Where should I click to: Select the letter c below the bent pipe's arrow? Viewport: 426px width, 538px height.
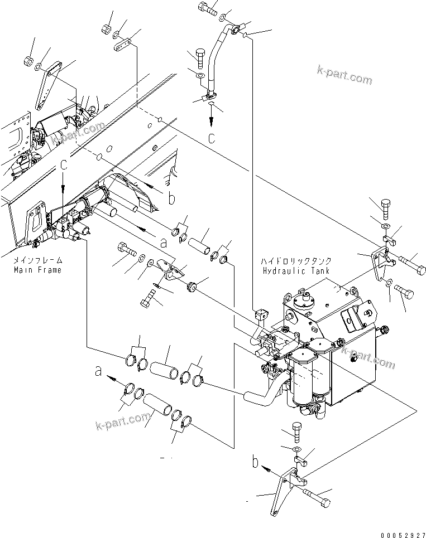(211, 138)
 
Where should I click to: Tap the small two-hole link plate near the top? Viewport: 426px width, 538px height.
(124, 43)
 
